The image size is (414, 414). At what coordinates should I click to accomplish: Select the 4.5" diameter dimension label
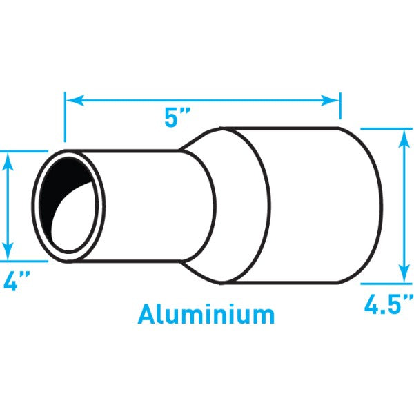click(x=388, y=304)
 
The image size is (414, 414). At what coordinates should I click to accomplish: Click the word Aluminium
click(x=206, y=314)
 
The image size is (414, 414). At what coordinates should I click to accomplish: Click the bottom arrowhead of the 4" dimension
click(x=9, y=251)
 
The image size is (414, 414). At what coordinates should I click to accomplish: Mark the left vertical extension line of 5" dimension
click(x=65, y=124)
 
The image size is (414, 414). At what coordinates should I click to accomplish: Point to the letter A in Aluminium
click(x=147, y=314)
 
